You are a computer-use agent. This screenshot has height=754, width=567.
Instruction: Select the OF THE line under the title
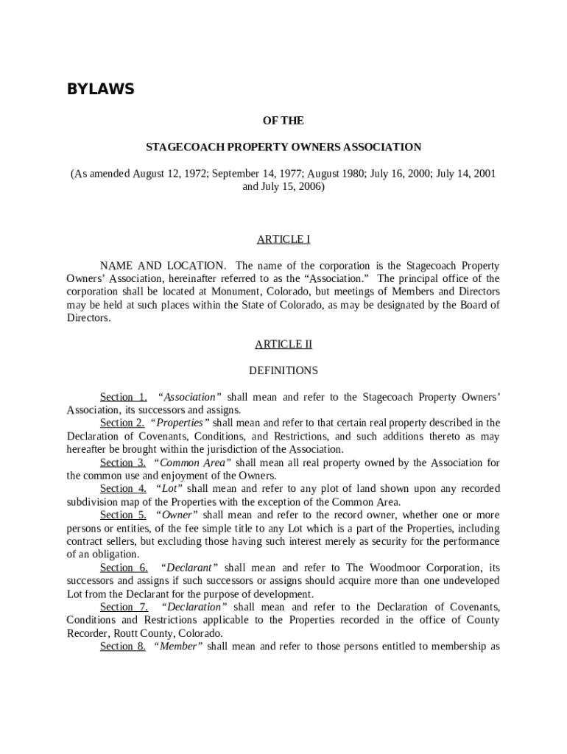pos(283,121)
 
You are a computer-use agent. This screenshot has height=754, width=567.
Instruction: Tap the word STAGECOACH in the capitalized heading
pos(180,147)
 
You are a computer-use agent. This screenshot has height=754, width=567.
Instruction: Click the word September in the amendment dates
pos(233,174)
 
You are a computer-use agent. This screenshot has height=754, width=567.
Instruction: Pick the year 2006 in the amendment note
pos(308,187)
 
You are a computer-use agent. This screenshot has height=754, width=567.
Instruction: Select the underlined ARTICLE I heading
pos(283,239)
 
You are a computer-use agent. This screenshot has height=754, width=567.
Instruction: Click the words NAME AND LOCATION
pos(163,266)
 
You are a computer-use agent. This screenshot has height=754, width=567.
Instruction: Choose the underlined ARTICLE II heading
pos(283,345)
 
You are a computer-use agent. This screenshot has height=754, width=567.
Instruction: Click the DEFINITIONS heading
pos(283,371)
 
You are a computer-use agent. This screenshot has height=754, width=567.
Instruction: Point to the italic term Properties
pos(181,423)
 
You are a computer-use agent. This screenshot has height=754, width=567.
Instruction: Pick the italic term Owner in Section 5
pos(177,515)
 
